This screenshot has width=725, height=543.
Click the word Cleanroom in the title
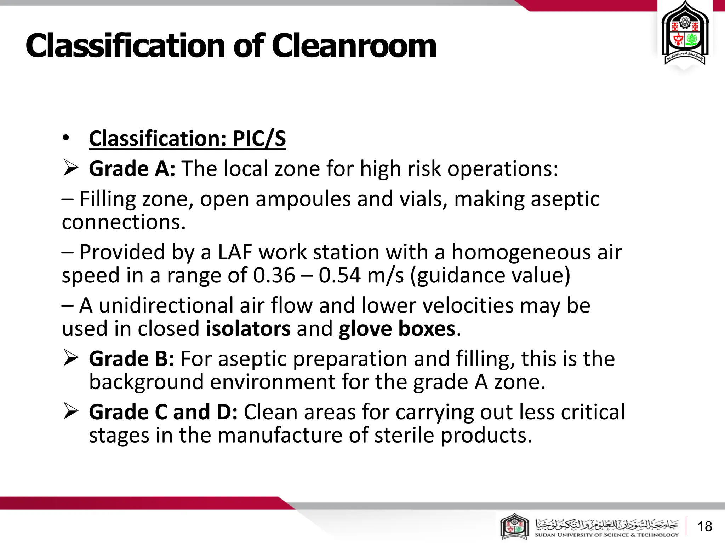354,46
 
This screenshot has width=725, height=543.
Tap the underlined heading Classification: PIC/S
187,138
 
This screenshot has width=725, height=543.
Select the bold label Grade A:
132,168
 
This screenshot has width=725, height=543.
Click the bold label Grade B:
131,359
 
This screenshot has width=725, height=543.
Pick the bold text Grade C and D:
163,412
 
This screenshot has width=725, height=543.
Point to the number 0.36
274,275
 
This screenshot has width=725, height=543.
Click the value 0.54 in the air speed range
339,275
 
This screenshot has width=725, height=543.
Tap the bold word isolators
248,329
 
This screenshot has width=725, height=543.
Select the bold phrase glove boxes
397,329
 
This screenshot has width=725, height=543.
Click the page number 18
704,526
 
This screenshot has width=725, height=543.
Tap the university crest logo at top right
685,35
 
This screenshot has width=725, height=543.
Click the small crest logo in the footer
514,527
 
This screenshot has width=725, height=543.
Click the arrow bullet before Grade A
70,168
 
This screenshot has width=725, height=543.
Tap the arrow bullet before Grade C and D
70,411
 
